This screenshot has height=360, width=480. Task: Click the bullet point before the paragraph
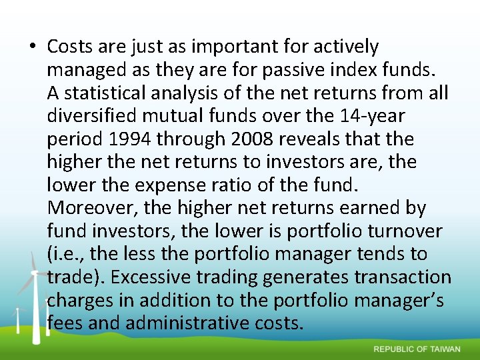(32, 47)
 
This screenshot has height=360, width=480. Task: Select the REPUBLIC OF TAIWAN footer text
(417, 349)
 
